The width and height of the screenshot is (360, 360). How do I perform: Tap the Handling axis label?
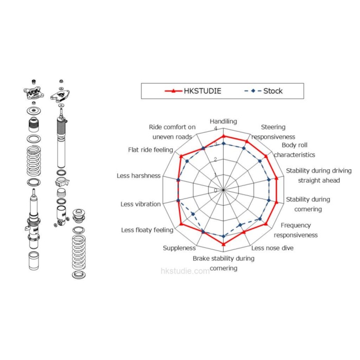223,121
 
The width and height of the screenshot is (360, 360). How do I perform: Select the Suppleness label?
179,248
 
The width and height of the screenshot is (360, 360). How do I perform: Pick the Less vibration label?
140,204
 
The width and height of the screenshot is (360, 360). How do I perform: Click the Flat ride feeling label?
151,150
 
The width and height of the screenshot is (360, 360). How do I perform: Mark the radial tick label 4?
216,129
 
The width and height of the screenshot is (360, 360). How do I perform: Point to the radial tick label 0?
216,190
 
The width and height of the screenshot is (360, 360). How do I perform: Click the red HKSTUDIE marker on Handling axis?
223,136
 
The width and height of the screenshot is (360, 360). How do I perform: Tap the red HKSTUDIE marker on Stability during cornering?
278,203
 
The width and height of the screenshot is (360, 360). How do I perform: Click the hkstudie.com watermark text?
185,271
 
